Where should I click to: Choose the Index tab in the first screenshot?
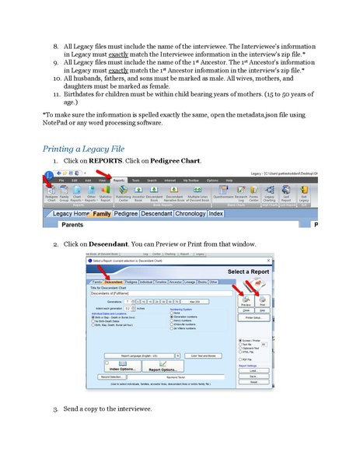pos(216,213)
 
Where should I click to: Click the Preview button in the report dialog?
pos(246,301)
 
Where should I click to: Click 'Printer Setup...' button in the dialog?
pos(253,317)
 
